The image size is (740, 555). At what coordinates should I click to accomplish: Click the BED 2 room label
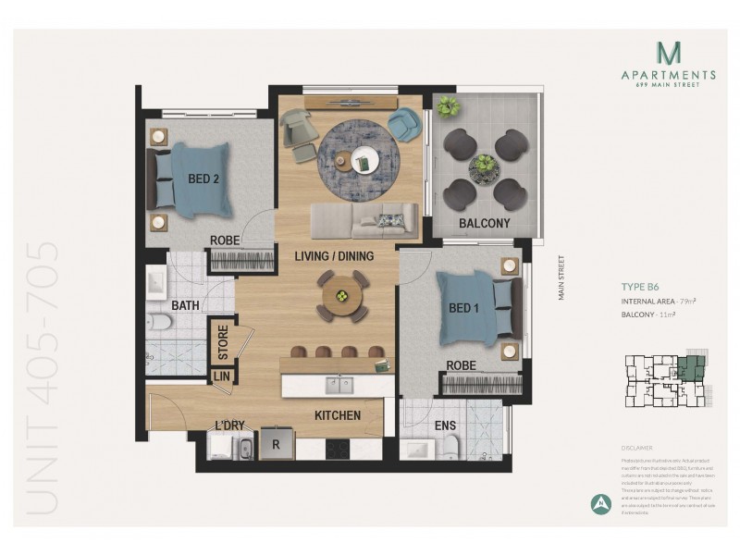tap(203, 179)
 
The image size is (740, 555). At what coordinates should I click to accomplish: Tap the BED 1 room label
tap(462, 309)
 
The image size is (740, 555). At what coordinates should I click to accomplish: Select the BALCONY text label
tap(485, 223)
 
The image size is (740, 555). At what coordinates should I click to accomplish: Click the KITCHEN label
tap(337, 415)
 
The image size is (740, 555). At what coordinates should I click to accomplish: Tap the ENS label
tap(445, 426)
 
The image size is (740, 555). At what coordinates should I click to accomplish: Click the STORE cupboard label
tap(223, 340)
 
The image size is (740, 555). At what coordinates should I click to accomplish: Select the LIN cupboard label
tap(222, 376)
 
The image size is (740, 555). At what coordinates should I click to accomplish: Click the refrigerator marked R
tap(276, 444)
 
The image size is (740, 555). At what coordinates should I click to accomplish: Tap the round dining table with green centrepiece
tap(342, 296)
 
